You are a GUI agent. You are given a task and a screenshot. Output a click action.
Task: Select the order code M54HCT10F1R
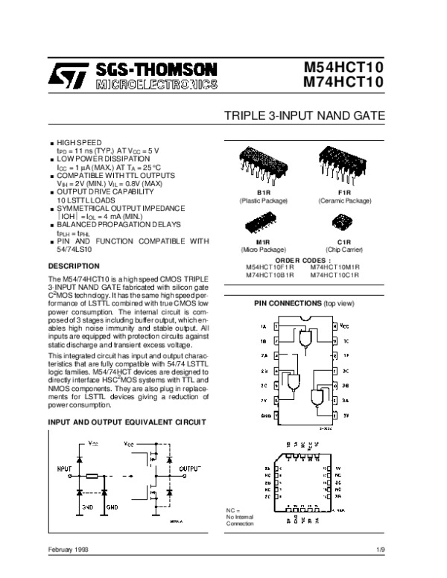tap(270, 267)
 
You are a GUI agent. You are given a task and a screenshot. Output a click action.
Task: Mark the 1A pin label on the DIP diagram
tap(263, 326)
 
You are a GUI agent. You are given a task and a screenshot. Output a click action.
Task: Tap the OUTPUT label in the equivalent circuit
tap(190, 469)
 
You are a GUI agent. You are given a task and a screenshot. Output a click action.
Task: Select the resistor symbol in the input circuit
tap(92, 474)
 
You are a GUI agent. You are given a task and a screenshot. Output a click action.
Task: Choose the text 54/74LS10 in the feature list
tap(76, 248)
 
